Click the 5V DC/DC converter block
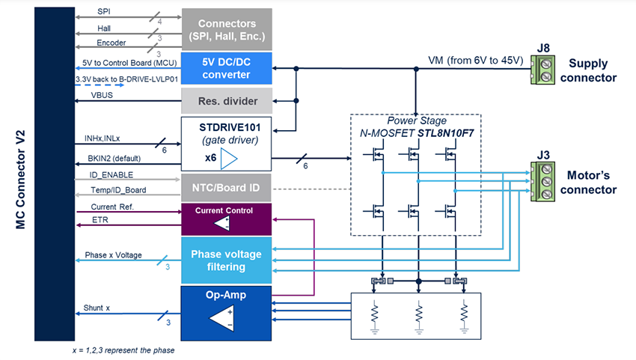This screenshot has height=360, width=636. [225, 68]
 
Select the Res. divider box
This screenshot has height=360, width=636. [225, 100]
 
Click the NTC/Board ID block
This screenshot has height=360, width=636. [225, 187]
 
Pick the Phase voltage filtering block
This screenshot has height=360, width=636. [225, 260]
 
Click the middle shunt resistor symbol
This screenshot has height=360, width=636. [418, 311]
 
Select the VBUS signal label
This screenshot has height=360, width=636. [102, 95]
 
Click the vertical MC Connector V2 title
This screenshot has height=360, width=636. [22, 179]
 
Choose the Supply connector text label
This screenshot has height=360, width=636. [593, 70]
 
